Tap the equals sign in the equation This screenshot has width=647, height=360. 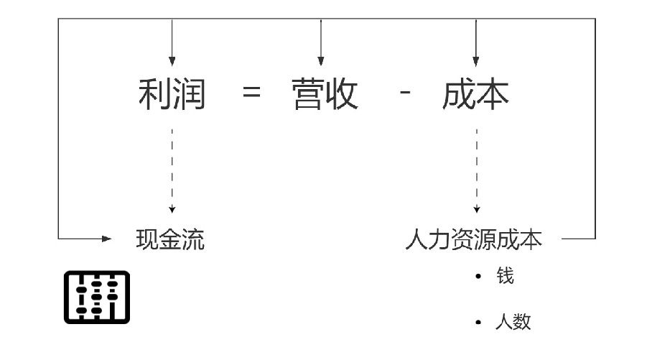[252, 93]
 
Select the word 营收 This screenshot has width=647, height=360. [325, 94]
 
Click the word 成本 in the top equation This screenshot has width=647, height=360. [475, 94]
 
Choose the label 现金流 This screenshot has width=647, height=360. [170, 239]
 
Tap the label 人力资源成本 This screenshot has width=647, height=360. [473, 239]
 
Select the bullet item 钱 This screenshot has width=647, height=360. [505, 277]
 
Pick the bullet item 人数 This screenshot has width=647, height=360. [513, 321]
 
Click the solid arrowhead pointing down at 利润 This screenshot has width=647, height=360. [172, 61]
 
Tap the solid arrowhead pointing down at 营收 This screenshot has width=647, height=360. [320, 61]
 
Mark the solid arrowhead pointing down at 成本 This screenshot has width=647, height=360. [475, 61]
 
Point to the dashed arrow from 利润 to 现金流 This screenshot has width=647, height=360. [172, 169]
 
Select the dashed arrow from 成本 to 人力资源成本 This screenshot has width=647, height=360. [475, 169]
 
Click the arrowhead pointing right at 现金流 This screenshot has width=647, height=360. [107, 239]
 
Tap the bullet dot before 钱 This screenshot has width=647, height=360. [478, 277]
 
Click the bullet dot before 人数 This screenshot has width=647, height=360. [478, 322]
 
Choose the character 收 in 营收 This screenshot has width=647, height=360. [342, 94]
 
